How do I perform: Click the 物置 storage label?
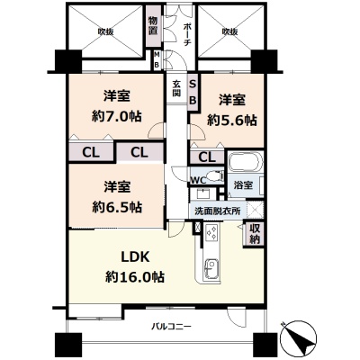(153, 26)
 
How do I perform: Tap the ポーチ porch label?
(186, 34)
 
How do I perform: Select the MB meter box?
(157, 59)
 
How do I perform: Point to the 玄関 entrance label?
(176, 88)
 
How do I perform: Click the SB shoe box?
(193, 92)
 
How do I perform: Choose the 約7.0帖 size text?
(117, 116)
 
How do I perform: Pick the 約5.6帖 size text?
(232, 121)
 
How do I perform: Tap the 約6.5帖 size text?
(117, 207)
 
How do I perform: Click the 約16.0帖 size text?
(135, 277)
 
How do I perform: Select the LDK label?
(135, 257)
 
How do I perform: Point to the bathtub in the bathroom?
(246, 162)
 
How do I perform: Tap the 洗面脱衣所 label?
(218, 211)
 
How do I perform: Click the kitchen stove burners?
(212, 233)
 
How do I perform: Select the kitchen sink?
(212, 269)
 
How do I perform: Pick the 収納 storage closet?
(255, 234)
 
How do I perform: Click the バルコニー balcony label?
(171, 326)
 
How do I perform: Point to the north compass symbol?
(298, 337)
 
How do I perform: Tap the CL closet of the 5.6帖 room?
(207, 157)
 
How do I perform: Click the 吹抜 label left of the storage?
(105, 31)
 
